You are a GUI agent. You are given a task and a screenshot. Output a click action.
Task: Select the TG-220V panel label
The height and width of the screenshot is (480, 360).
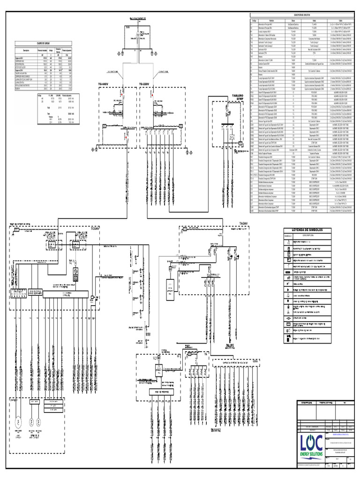pyautogui.click(x=147, y=84)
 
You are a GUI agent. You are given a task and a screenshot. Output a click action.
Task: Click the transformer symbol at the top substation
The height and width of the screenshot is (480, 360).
pyautogui.click(x=137, y=36)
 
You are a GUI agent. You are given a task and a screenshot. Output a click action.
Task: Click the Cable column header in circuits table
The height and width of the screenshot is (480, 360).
pyautogui.click(x=339, y=21)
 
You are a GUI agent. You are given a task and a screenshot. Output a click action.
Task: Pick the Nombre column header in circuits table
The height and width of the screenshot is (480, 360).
pyautogui.click(x=271, y=21)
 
